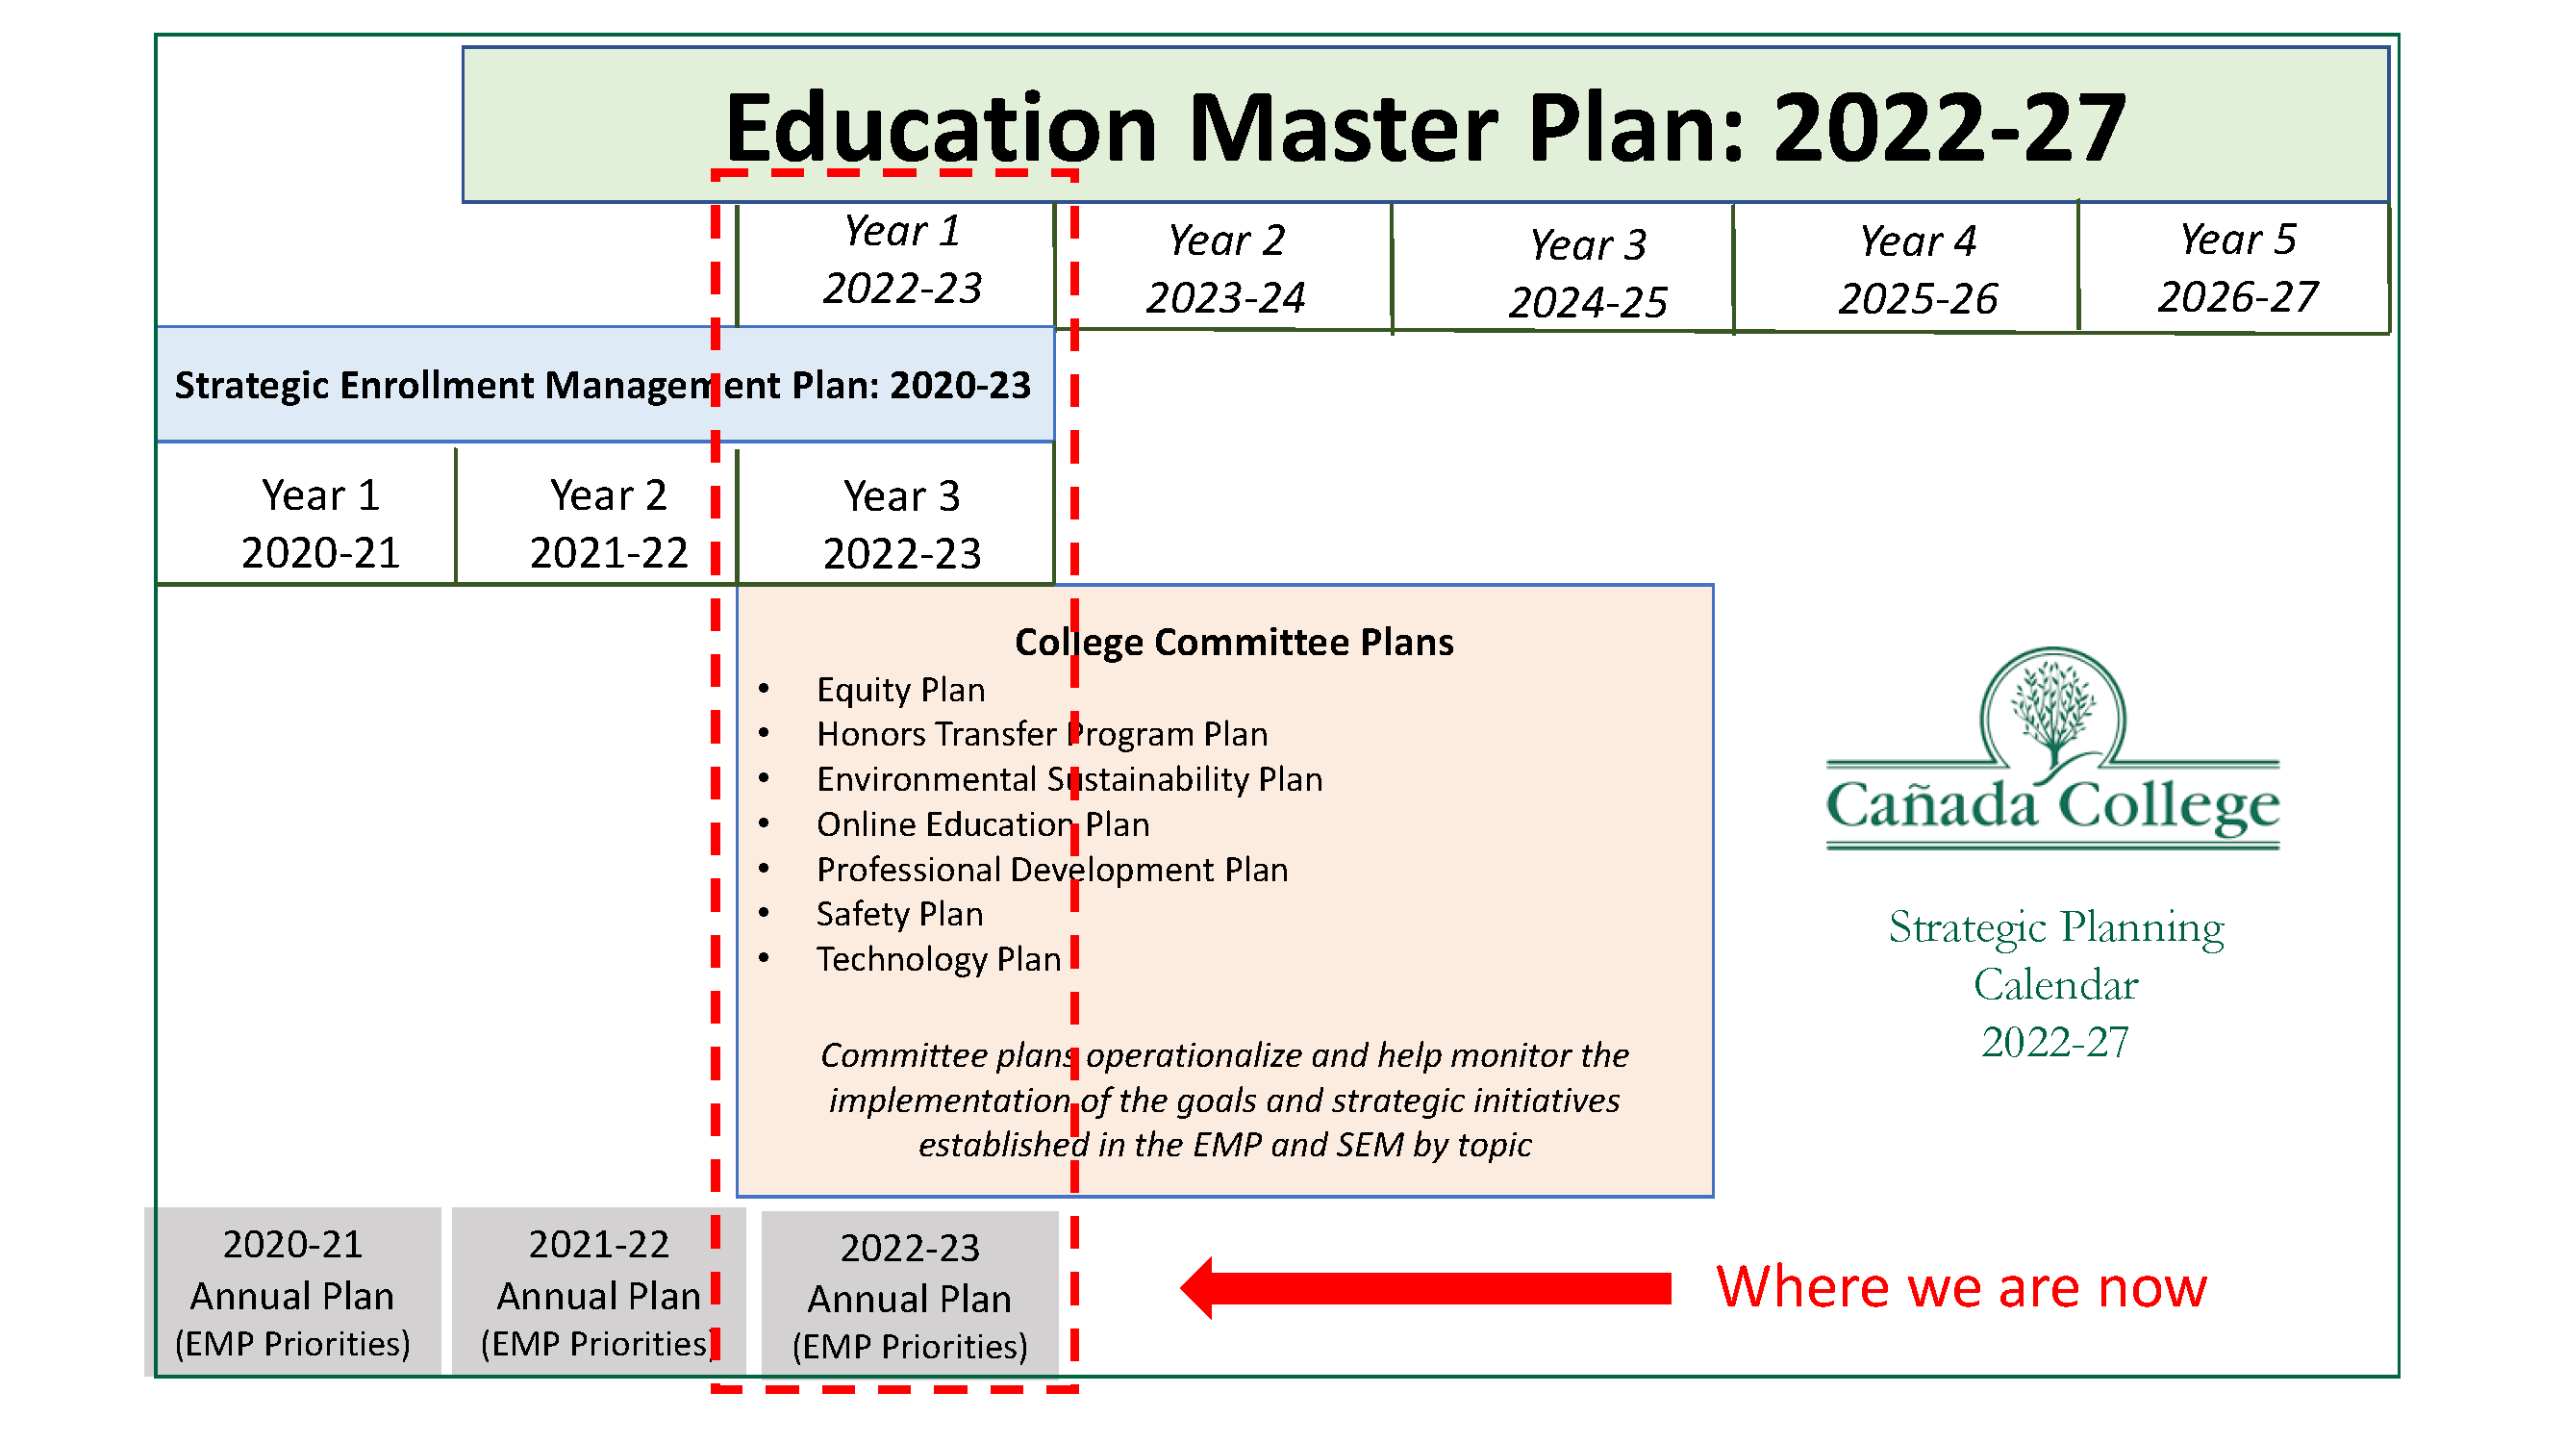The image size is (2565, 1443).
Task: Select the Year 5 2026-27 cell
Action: [x=2234, y=269]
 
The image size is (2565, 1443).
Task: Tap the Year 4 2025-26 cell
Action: [x=1906, y=269]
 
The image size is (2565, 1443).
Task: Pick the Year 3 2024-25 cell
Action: [x=1562, y=269]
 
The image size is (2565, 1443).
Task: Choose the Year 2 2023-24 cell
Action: [x=1223, y=269]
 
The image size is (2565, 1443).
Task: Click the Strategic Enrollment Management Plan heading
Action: [x=603, y=386]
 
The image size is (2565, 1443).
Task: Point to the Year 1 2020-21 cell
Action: [x=306, y=516]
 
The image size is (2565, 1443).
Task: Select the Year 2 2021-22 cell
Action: [x=596, y=516]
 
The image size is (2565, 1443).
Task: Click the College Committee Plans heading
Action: [x=1234, y=643]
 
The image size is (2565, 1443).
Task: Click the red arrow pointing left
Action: [x=1425, y=1289]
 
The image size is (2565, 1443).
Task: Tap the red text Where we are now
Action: [x=1962, y=1288]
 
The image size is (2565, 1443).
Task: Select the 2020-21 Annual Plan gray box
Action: [x=292, y=1293]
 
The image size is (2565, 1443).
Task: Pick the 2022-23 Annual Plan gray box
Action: [x=910, y=1295]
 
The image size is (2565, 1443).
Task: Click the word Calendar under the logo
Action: [x=2055, y=985]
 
